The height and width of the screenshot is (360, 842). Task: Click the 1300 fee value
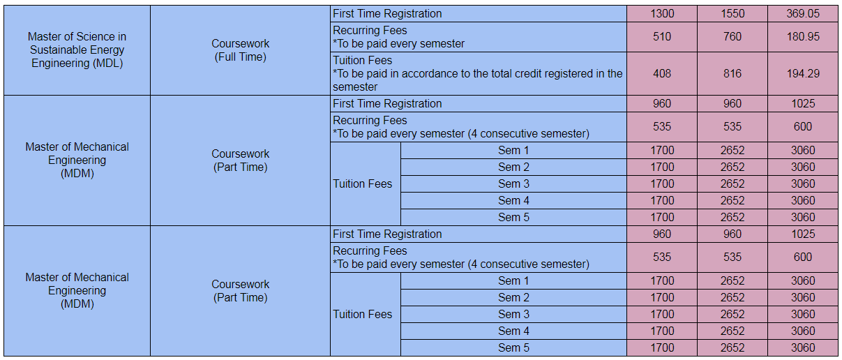pyautogui.click(x=662, y=14)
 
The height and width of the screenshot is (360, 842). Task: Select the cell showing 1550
pyautogui.click(x=732, y=14)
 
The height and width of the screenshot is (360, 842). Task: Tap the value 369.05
pyautogui.click(x=803, y=14)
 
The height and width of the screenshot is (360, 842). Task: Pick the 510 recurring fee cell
pyautogui.click(x=662, y=36)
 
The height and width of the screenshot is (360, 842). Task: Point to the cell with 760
pyautogui.click(x=732, y=36)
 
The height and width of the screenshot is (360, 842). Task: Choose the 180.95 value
pyautogui.click(x=803, y=36)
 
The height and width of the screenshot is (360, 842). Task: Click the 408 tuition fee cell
pyautogui.click(x=662, y=73)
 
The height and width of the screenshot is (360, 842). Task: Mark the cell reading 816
pyautogui.click(x=732, y=73)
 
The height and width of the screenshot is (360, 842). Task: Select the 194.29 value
pyautogui.click(x=803, y=73)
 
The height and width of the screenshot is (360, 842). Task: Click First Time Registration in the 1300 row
pyautogui.click(x=387, y=14)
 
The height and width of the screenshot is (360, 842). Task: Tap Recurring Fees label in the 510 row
pyautogui.click(x=370, y=31)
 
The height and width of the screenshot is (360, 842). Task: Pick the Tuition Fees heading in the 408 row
pyautogui.click(x=362, y=61)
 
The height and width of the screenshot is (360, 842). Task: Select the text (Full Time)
pyautogui.click(x=240, y=57)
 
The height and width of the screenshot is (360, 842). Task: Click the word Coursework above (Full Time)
pyautogui.click(x=240, y=44)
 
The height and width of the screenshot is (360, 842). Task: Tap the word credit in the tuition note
pyautogui.click(x=510, y=74)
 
